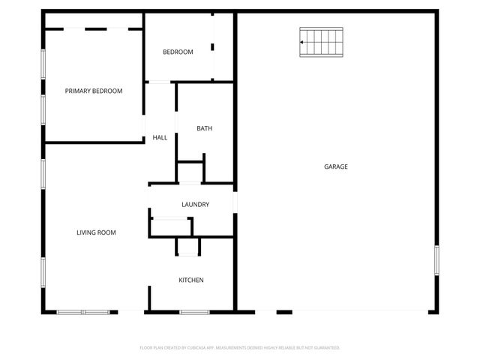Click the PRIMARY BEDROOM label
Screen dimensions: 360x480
pos(93,91)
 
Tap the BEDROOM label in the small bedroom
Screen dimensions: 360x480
pos(178,52)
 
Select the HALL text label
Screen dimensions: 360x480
pos(160,137)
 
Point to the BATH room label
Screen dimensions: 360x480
pos(204,128)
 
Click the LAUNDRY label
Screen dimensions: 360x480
pos(195,205)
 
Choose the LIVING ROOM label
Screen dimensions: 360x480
pos(96,232)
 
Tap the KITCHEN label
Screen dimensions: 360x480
pos(190,280)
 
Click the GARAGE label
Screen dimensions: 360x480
pos(335,166)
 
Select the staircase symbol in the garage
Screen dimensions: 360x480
pos(322,42)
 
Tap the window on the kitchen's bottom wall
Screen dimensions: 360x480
pos(193,312)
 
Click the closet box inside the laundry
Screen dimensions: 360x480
pos(170,226)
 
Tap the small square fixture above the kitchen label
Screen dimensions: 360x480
pos(188,247)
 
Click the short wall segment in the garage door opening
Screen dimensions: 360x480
pos(284,312)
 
